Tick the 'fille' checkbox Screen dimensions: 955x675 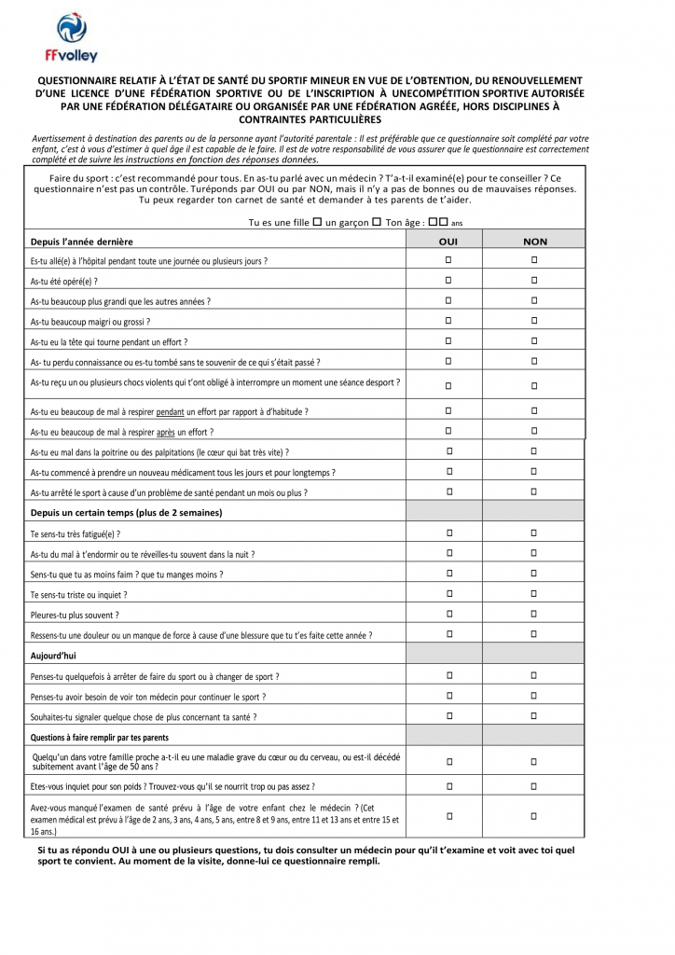(318, 222)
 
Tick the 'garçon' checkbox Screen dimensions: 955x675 (377, 222)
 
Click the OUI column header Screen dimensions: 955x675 (448, 242)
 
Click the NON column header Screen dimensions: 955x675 (535, 242)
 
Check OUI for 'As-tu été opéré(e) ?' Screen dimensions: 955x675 (448, 280)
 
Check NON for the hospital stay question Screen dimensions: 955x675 (535, 259)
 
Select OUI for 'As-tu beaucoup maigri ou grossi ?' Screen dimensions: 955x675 (448, 321)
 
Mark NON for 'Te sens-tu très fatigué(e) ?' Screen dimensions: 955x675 (535, 533)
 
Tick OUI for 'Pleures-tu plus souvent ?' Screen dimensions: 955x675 (448, 614)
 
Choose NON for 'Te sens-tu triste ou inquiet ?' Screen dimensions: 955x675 (535, 593)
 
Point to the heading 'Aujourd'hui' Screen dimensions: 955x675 (53, 656)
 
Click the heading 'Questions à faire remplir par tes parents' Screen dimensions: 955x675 (100, 738)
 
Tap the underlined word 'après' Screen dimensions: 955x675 (166, 432)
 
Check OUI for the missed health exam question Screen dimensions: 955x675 (448, 816)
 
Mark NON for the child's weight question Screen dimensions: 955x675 (535, 786)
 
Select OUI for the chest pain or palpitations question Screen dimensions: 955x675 (448, 451)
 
